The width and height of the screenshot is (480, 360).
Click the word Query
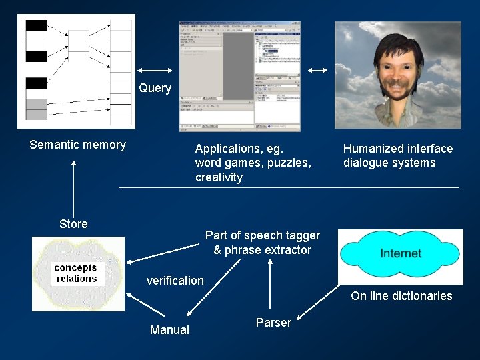(x=155, y=88)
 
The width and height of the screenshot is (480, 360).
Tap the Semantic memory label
(x=77, y=145)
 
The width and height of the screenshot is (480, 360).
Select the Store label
(x=73, y=224)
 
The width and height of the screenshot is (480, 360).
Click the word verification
(x=175, y=281)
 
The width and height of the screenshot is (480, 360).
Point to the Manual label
(x=169, y=330)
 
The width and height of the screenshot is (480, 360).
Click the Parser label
(x=273, y=323)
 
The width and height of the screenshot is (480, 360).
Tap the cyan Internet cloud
(x=400, y=253)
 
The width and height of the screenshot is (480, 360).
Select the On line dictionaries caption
(x=401, y=296)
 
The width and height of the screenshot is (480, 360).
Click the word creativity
(x=219, y=177)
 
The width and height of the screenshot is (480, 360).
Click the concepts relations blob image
(x=77, y=273)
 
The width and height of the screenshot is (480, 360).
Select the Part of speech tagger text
(x=262, y=235)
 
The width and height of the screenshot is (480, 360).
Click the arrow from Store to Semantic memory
(x=74, y=187)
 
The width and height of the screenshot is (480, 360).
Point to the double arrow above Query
(x=156, y=70)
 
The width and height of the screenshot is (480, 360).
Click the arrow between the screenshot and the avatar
(x=318, y=70)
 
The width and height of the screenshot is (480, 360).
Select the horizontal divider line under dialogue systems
(x=289, y=188)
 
